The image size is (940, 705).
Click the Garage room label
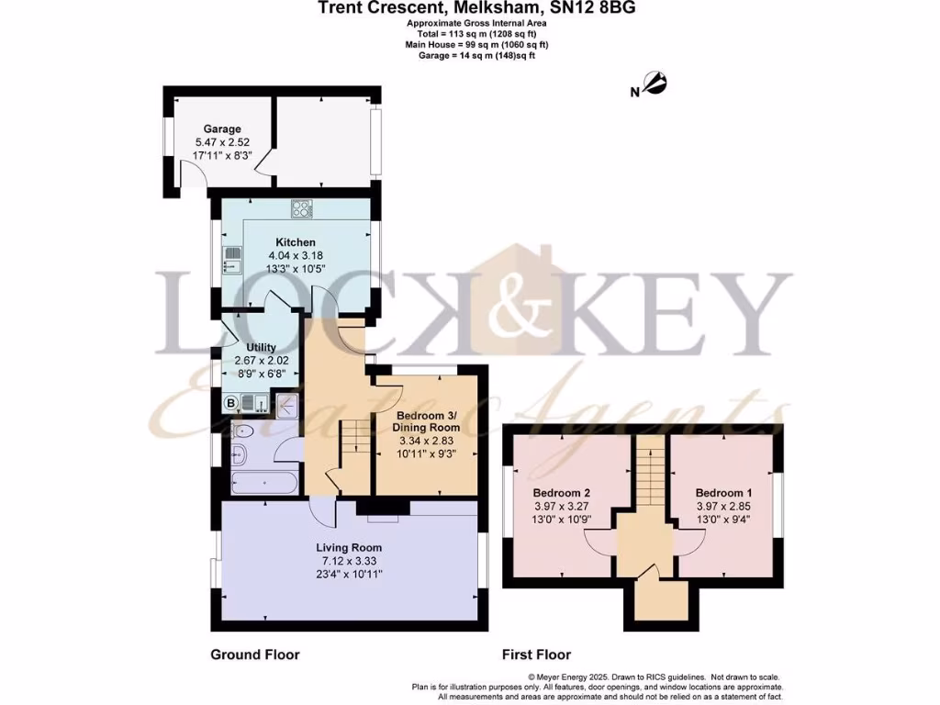click(222, 129)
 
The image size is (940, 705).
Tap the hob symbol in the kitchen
click(302, 208)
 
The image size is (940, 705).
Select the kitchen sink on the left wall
click(230, 261)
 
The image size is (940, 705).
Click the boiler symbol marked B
click(231, 402)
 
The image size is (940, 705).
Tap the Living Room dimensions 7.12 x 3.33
click(349, 561)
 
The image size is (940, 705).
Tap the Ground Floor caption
click(255, 655)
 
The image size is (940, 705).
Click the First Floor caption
click(536, 655)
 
